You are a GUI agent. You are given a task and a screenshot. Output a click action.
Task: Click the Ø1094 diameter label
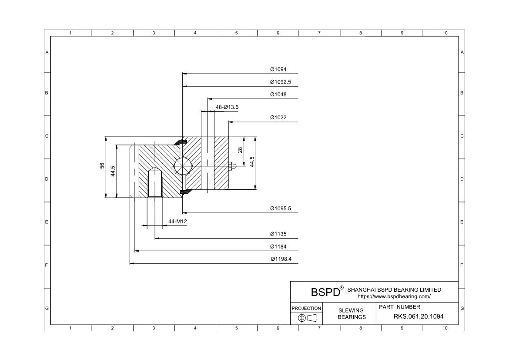(x=278, y=69)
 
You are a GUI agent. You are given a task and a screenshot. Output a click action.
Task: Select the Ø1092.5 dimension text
(x=281, y=82)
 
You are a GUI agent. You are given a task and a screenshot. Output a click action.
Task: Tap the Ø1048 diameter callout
(x=278, y=94)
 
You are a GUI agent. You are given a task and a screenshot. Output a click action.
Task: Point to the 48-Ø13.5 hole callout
(x=227, y=107)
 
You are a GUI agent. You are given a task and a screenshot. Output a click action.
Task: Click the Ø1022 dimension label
(x=278, y=118)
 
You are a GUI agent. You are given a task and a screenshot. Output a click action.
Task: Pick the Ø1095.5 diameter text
(x=281, y=209)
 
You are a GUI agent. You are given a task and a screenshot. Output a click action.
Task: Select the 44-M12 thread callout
(x=177, y=222)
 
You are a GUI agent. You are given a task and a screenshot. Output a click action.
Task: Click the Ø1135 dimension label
(x=278, y=234)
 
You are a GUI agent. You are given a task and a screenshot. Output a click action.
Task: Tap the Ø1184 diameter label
(x=278, y=247)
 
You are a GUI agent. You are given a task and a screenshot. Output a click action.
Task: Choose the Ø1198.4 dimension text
(x=281, y=259)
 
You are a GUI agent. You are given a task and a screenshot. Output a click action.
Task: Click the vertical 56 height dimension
(x=102, y=166)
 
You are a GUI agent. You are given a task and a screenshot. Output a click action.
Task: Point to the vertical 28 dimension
(x=240, y=150)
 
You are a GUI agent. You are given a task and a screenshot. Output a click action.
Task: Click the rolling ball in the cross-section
(x=183, y=166)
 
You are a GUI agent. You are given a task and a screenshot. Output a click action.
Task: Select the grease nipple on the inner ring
(x=232, y=166)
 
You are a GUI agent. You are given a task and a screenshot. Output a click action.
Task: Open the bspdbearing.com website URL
(x=394, y=296)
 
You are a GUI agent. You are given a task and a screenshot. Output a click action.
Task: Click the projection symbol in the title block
(x=307, y=318)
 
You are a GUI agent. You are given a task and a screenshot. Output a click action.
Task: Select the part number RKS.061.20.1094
(x=419, y=316)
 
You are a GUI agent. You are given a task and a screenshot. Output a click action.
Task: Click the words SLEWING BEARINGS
(x=351, y=313)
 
